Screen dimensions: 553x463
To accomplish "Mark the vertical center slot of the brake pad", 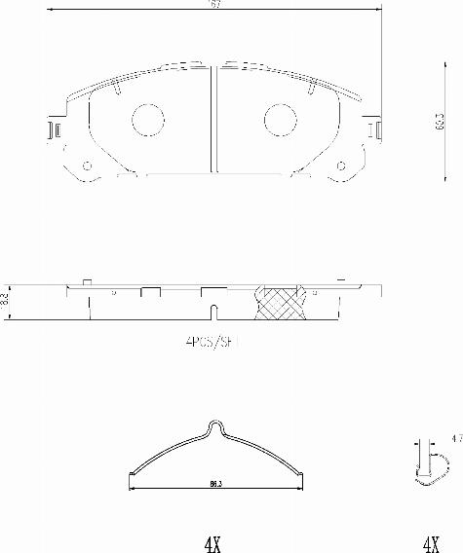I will [x=213, y=122].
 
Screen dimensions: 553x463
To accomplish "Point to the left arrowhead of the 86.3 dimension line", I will [x=132, y=474].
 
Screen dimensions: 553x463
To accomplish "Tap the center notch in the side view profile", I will [x=212, y=312].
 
